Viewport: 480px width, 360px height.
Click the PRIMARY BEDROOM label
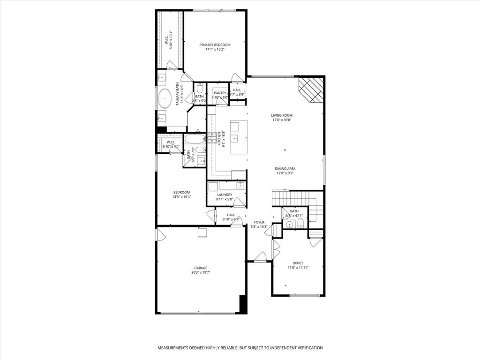pyautogui.click(x=215, y=45)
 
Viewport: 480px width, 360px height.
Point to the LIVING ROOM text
pyautogui.click(x=282, y=115)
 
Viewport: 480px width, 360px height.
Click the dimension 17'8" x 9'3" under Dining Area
pyautogui.click(x=285, y=173)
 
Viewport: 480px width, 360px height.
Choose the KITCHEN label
pyautogui.click(x=218, y=140)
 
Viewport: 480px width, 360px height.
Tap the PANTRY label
pyautogui.click(x=220, y=93)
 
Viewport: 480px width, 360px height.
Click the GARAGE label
pyautogui.click(x=201, y=268)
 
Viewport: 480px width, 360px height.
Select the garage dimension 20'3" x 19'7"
pyautogui.click(x=201, y=272)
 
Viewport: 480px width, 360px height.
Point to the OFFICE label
pyautogui.click(x=298, y=263)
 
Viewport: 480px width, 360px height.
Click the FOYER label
pyautogui.click(x=259, y=222)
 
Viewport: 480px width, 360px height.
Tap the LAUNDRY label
pyautogui.click(x=225, y=195)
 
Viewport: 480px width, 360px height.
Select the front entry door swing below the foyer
pyautogui.click(x=260, y=256)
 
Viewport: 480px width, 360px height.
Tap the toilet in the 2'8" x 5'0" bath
pyautogui.click(x=200, y=89)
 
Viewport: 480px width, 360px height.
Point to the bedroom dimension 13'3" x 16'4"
pyautogui.click(x=181, y=197)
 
